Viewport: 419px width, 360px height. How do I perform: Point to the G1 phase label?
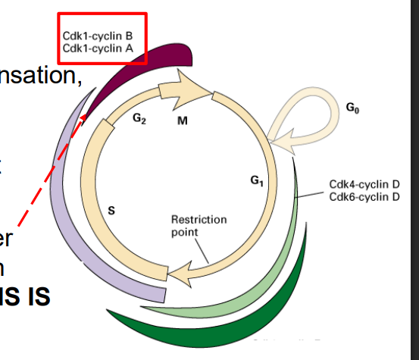[x=258, y=181]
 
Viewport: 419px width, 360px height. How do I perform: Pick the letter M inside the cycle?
[x=183, y=121]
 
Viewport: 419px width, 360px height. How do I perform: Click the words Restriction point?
[x=199, y=225]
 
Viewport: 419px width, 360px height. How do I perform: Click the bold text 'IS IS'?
[x=25, y=296]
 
